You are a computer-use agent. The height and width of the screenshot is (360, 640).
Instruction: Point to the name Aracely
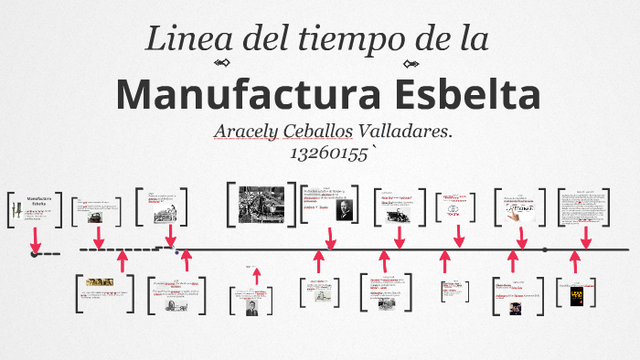pyautogui.click(x=248, y=132)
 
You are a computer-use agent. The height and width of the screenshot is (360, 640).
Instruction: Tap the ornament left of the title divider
pyautogui.click(x=220, y=63)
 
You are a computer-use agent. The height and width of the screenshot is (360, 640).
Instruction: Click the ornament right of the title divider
pyautogui.click(x=411, y=63)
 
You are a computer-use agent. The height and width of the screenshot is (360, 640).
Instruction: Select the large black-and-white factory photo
pyautogui.click(x=261, y=204)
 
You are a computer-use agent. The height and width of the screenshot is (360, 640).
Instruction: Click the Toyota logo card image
pyautogui.click(x=453, y=208)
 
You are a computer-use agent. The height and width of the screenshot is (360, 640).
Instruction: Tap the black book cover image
pyautogui.click(x=576, y=295)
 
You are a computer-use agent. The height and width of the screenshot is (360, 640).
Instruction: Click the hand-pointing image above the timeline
pyautogui.click(x=519, y=211)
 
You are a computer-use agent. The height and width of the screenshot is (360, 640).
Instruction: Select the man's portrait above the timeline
pyautogui.click(x=344, y=209)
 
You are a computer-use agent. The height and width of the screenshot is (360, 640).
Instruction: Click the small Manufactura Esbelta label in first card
pyautogui.click(x=39, y=201)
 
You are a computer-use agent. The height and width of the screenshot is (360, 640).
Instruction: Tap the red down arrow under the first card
pyautogui.click(x=36, y=239)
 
